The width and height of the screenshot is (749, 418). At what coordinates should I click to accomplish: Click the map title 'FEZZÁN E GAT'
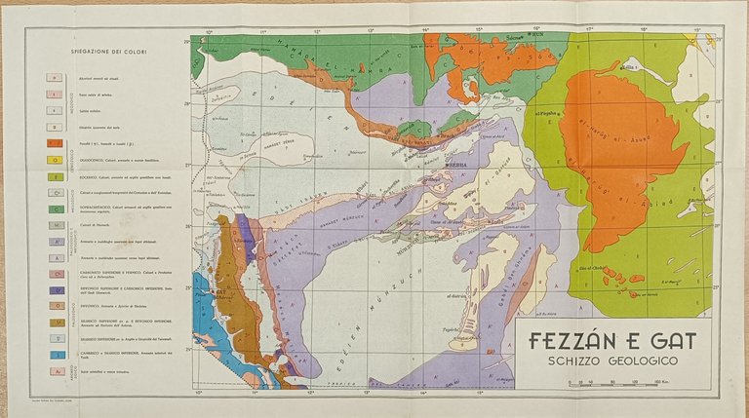click(611, 341)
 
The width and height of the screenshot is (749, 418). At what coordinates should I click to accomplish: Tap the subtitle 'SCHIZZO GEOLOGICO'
click(611, 360)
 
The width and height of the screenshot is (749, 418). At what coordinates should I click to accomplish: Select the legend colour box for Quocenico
click(57, 161)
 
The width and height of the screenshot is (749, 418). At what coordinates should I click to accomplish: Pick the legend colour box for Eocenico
click(57, 177)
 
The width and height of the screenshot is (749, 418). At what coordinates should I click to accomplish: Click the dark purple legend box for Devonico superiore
click(57, 289)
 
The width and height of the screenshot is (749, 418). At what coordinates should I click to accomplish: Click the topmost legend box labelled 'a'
click(57, 75)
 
